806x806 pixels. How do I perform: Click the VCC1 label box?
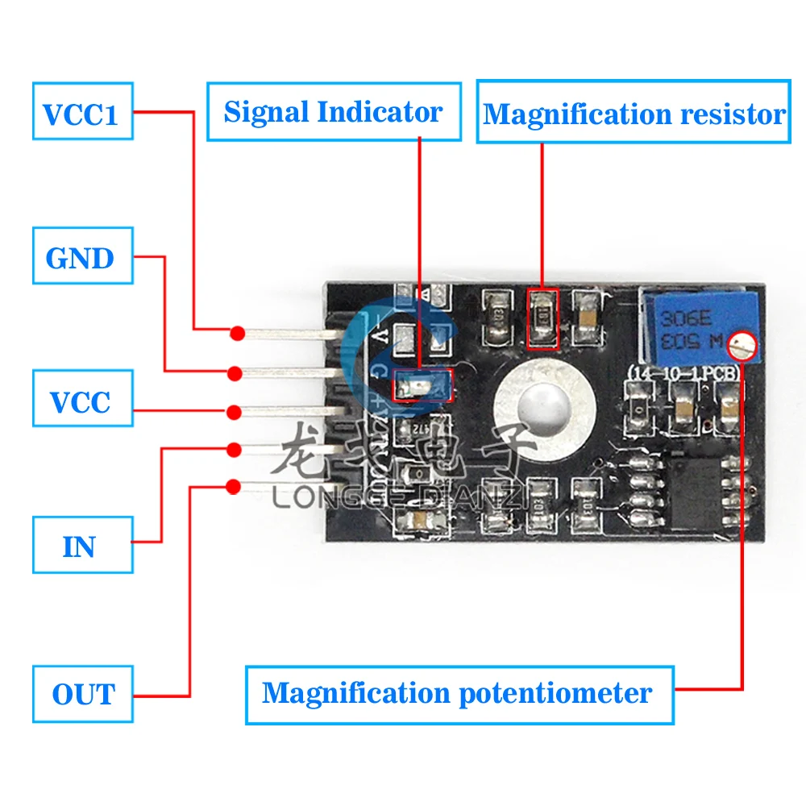point(82,114)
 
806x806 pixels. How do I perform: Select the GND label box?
point(82,258)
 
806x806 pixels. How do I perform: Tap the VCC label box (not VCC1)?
point(82,401)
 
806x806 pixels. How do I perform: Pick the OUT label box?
point(83,694)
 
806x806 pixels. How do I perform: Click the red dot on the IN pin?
point(234,448)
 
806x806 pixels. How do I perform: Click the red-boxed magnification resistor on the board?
point(542,319)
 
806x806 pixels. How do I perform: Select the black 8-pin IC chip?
point(695,488)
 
